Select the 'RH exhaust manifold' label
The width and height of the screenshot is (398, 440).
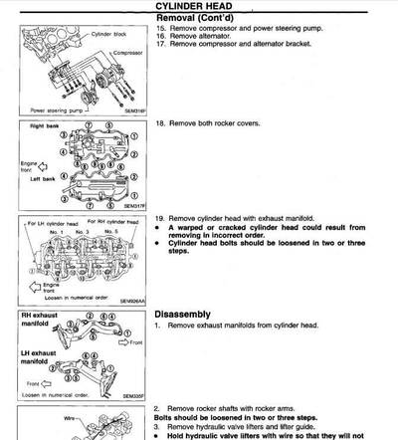39,321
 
